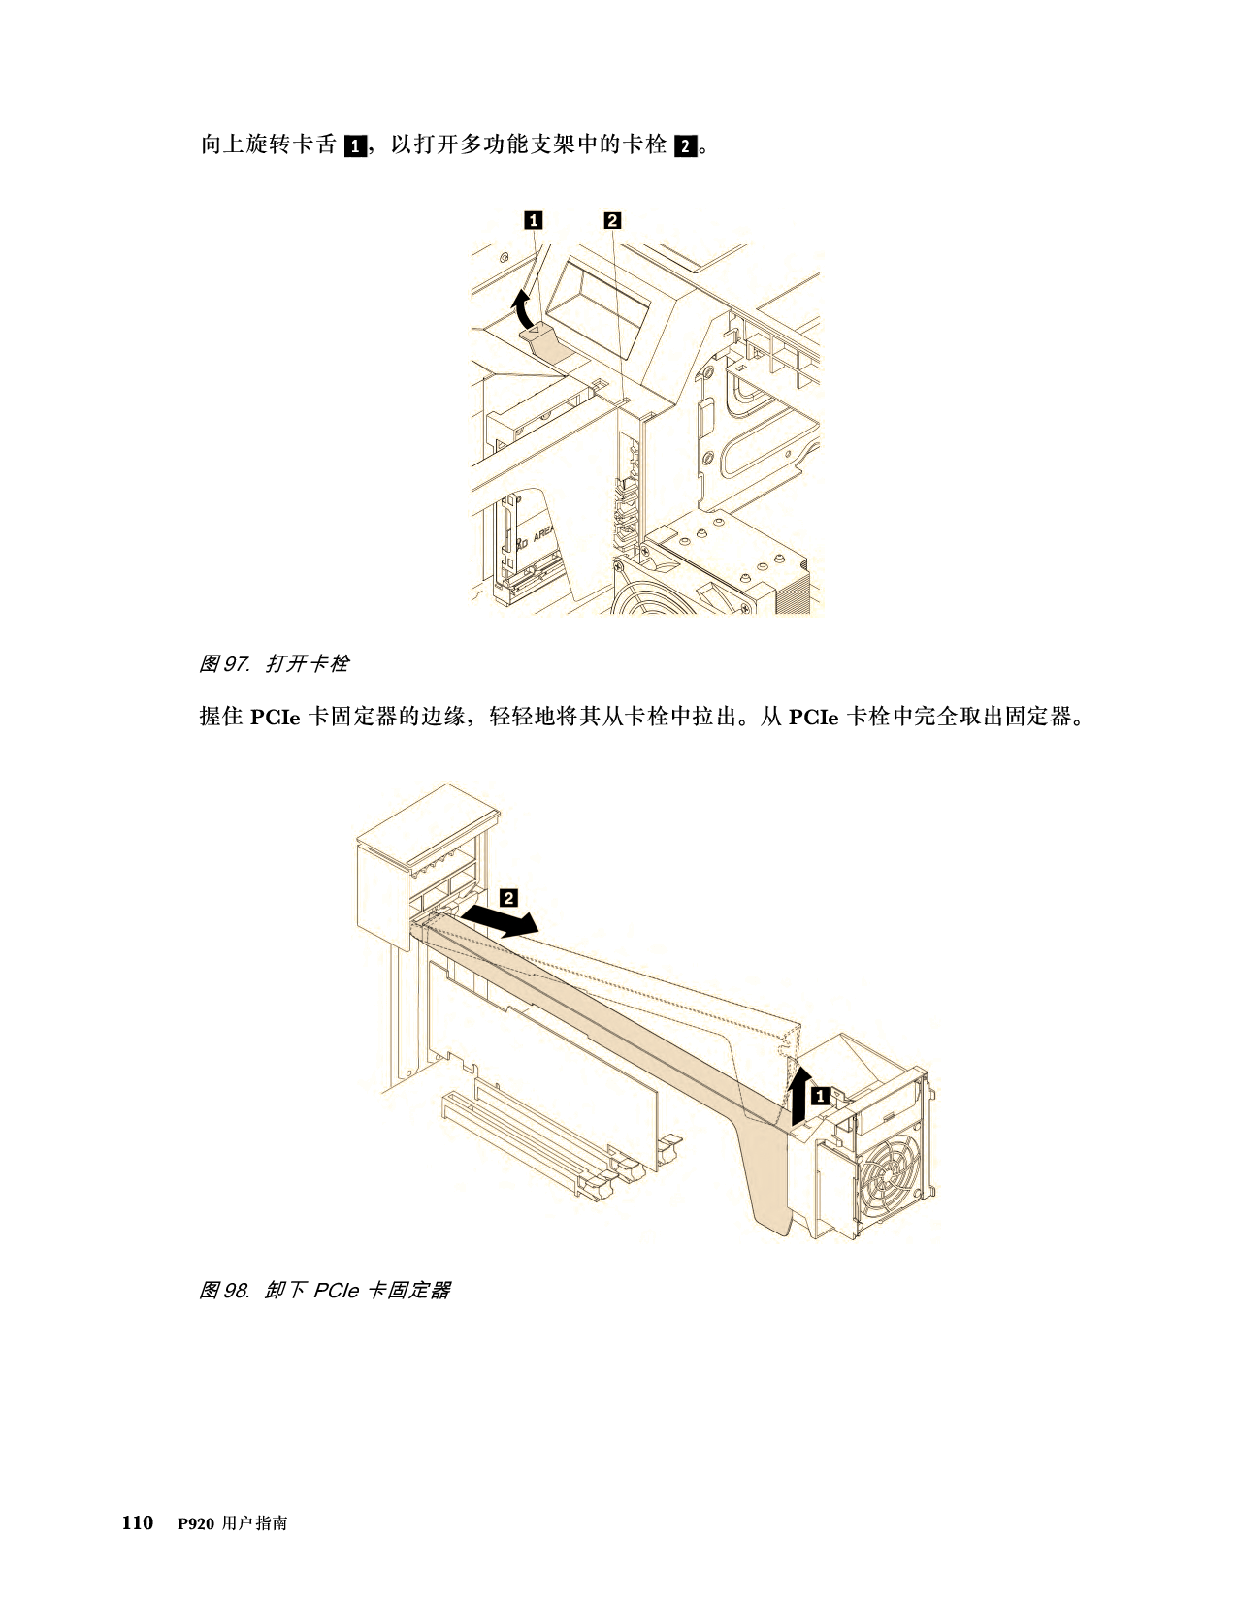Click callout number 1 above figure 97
[x=533, y=220]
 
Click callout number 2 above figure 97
[x=612, y=220]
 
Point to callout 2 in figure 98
[x=509, y=898]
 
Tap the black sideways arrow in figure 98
[x=501, y=920]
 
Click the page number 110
[x=138, y=1522]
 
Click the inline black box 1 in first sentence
[x=355, y=145]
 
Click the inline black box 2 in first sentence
[x=686, y=145]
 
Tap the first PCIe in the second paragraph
[x=276, y=718]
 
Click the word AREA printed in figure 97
[x=543, y=531]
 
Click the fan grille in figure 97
[x=654, y=589]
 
